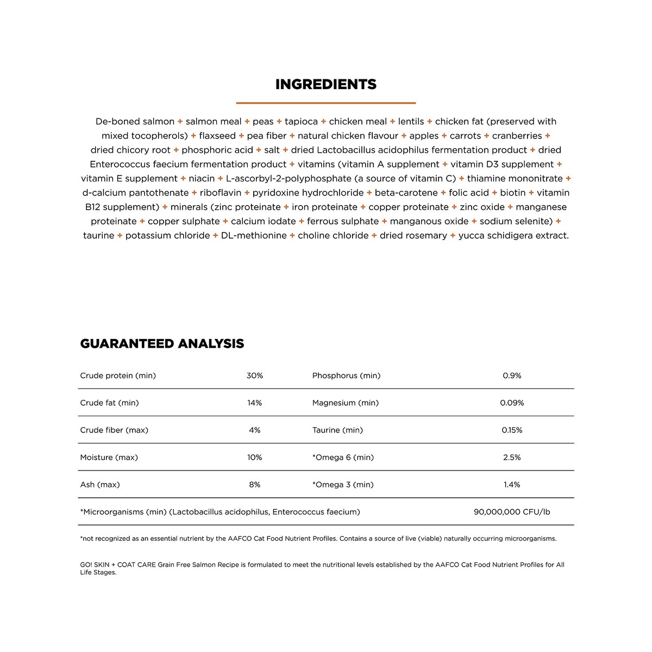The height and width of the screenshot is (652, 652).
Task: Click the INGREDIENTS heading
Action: tap(325, 84)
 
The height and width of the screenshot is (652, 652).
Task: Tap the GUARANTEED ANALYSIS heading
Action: tap(162, 343)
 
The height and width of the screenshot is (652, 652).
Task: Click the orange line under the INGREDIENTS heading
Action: tap(325, 103)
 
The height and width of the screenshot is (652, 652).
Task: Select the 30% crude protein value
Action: tap(254, 375)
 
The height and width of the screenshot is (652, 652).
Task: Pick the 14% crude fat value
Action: tap(254, 403)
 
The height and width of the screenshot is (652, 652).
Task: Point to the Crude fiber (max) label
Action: tap(114, 430)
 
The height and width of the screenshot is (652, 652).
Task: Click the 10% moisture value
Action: tap(254, 457)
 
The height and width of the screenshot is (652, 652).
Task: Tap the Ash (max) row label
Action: tap(100, 484)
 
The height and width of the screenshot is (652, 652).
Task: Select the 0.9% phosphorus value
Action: tap(512, 375)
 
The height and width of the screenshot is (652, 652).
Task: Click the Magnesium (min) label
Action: tap(346, 403)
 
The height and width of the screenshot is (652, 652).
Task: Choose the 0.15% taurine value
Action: tap(512, 430)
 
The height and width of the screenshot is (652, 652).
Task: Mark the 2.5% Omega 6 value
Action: tap(512, 457)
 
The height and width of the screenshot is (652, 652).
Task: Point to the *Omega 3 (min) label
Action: tap(343, 484)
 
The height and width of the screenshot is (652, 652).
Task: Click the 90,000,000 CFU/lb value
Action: tap(512, 511)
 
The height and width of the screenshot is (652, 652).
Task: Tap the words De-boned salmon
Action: tap(135, 121)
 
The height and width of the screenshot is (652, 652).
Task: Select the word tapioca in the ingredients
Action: tap(301, 121)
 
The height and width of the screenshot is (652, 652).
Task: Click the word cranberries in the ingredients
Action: tap(517, 135)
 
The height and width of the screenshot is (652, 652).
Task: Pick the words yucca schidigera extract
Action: tap(513, 235)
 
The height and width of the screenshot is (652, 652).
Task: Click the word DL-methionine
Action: tap(254, 235)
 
